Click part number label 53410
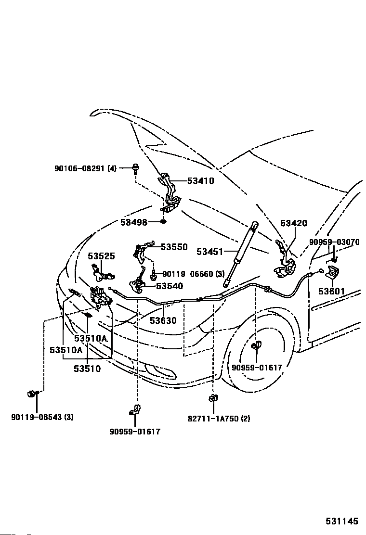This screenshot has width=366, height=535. tap(200, 180)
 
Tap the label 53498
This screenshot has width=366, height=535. tap(133, 222)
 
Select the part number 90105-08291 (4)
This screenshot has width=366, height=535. tap(85, 168)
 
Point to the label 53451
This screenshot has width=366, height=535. tap(209, 252)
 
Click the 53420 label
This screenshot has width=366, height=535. tap(294, 223)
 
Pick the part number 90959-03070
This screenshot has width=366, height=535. tap(334, 242)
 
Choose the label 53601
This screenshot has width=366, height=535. tap(331, 292)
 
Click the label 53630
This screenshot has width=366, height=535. tap(163, 320)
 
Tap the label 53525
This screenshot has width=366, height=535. tap(102, 256)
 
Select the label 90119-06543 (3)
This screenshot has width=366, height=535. tap(42, 417)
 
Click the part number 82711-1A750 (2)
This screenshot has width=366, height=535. tap(219, 418)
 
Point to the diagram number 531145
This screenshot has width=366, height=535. tap(342, 521)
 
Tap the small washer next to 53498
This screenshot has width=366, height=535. tap(164, 222)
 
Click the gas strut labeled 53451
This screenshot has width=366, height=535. tap(240, 255)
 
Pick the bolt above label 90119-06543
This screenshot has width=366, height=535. tap(32, 394)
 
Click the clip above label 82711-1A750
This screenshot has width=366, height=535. tap(213, 398)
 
